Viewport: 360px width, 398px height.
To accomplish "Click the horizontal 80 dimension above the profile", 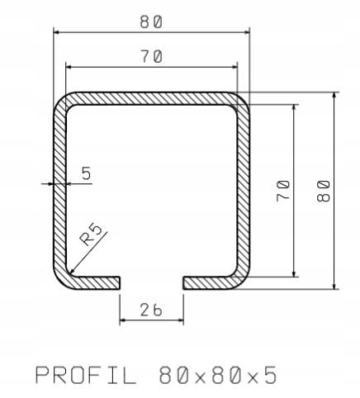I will [x=151, y=22].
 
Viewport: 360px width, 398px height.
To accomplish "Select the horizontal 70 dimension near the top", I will [x=151, y=57].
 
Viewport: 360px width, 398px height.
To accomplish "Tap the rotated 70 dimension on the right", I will [x=283, y=192].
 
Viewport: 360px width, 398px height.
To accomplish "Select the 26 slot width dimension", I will [x=150, y=310].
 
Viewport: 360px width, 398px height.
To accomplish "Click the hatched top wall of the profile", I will [x=151, y=98].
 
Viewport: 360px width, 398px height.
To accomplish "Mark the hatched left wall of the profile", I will [x=59, y=190].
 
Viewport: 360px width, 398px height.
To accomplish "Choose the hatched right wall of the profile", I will [x=244, y=190].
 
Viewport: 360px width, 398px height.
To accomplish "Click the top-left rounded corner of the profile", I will [x=62, y=101].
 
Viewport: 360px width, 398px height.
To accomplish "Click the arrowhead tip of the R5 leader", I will [x=69, y=274].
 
